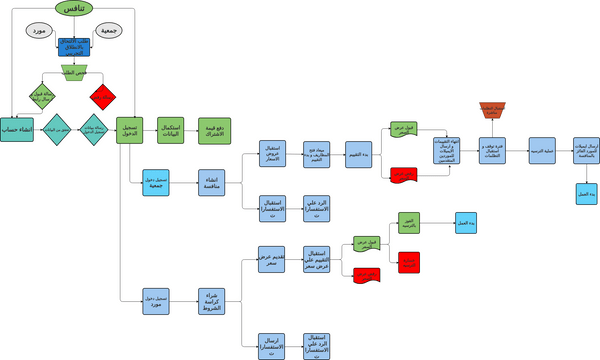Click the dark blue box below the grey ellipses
(73, 47)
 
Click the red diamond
(103, 97)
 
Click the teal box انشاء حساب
(16, 130)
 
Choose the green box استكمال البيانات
(171, 130)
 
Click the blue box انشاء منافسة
(212, 182)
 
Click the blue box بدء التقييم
(359, 154)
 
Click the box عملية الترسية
(541, 151)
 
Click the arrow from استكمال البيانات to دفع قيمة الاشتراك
(191, 130)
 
